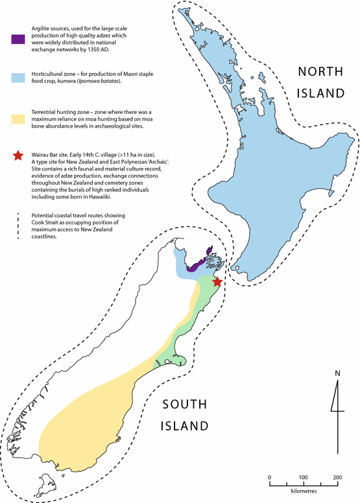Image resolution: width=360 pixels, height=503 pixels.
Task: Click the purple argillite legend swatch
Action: (18, 39)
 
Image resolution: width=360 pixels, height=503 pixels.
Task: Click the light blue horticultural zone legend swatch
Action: (18, 78)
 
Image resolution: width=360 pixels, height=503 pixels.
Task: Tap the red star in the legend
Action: (18, 156)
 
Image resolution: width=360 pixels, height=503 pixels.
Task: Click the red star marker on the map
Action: (217, 282)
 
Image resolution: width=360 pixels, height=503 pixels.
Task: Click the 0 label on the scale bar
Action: (269, 477)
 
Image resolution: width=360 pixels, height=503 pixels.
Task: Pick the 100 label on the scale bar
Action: (303, 477)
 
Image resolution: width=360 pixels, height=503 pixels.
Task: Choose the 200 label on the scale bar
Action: (337, 477)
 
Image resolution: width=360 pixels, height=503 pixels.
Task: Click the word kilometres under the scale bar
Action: (304, 492)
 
